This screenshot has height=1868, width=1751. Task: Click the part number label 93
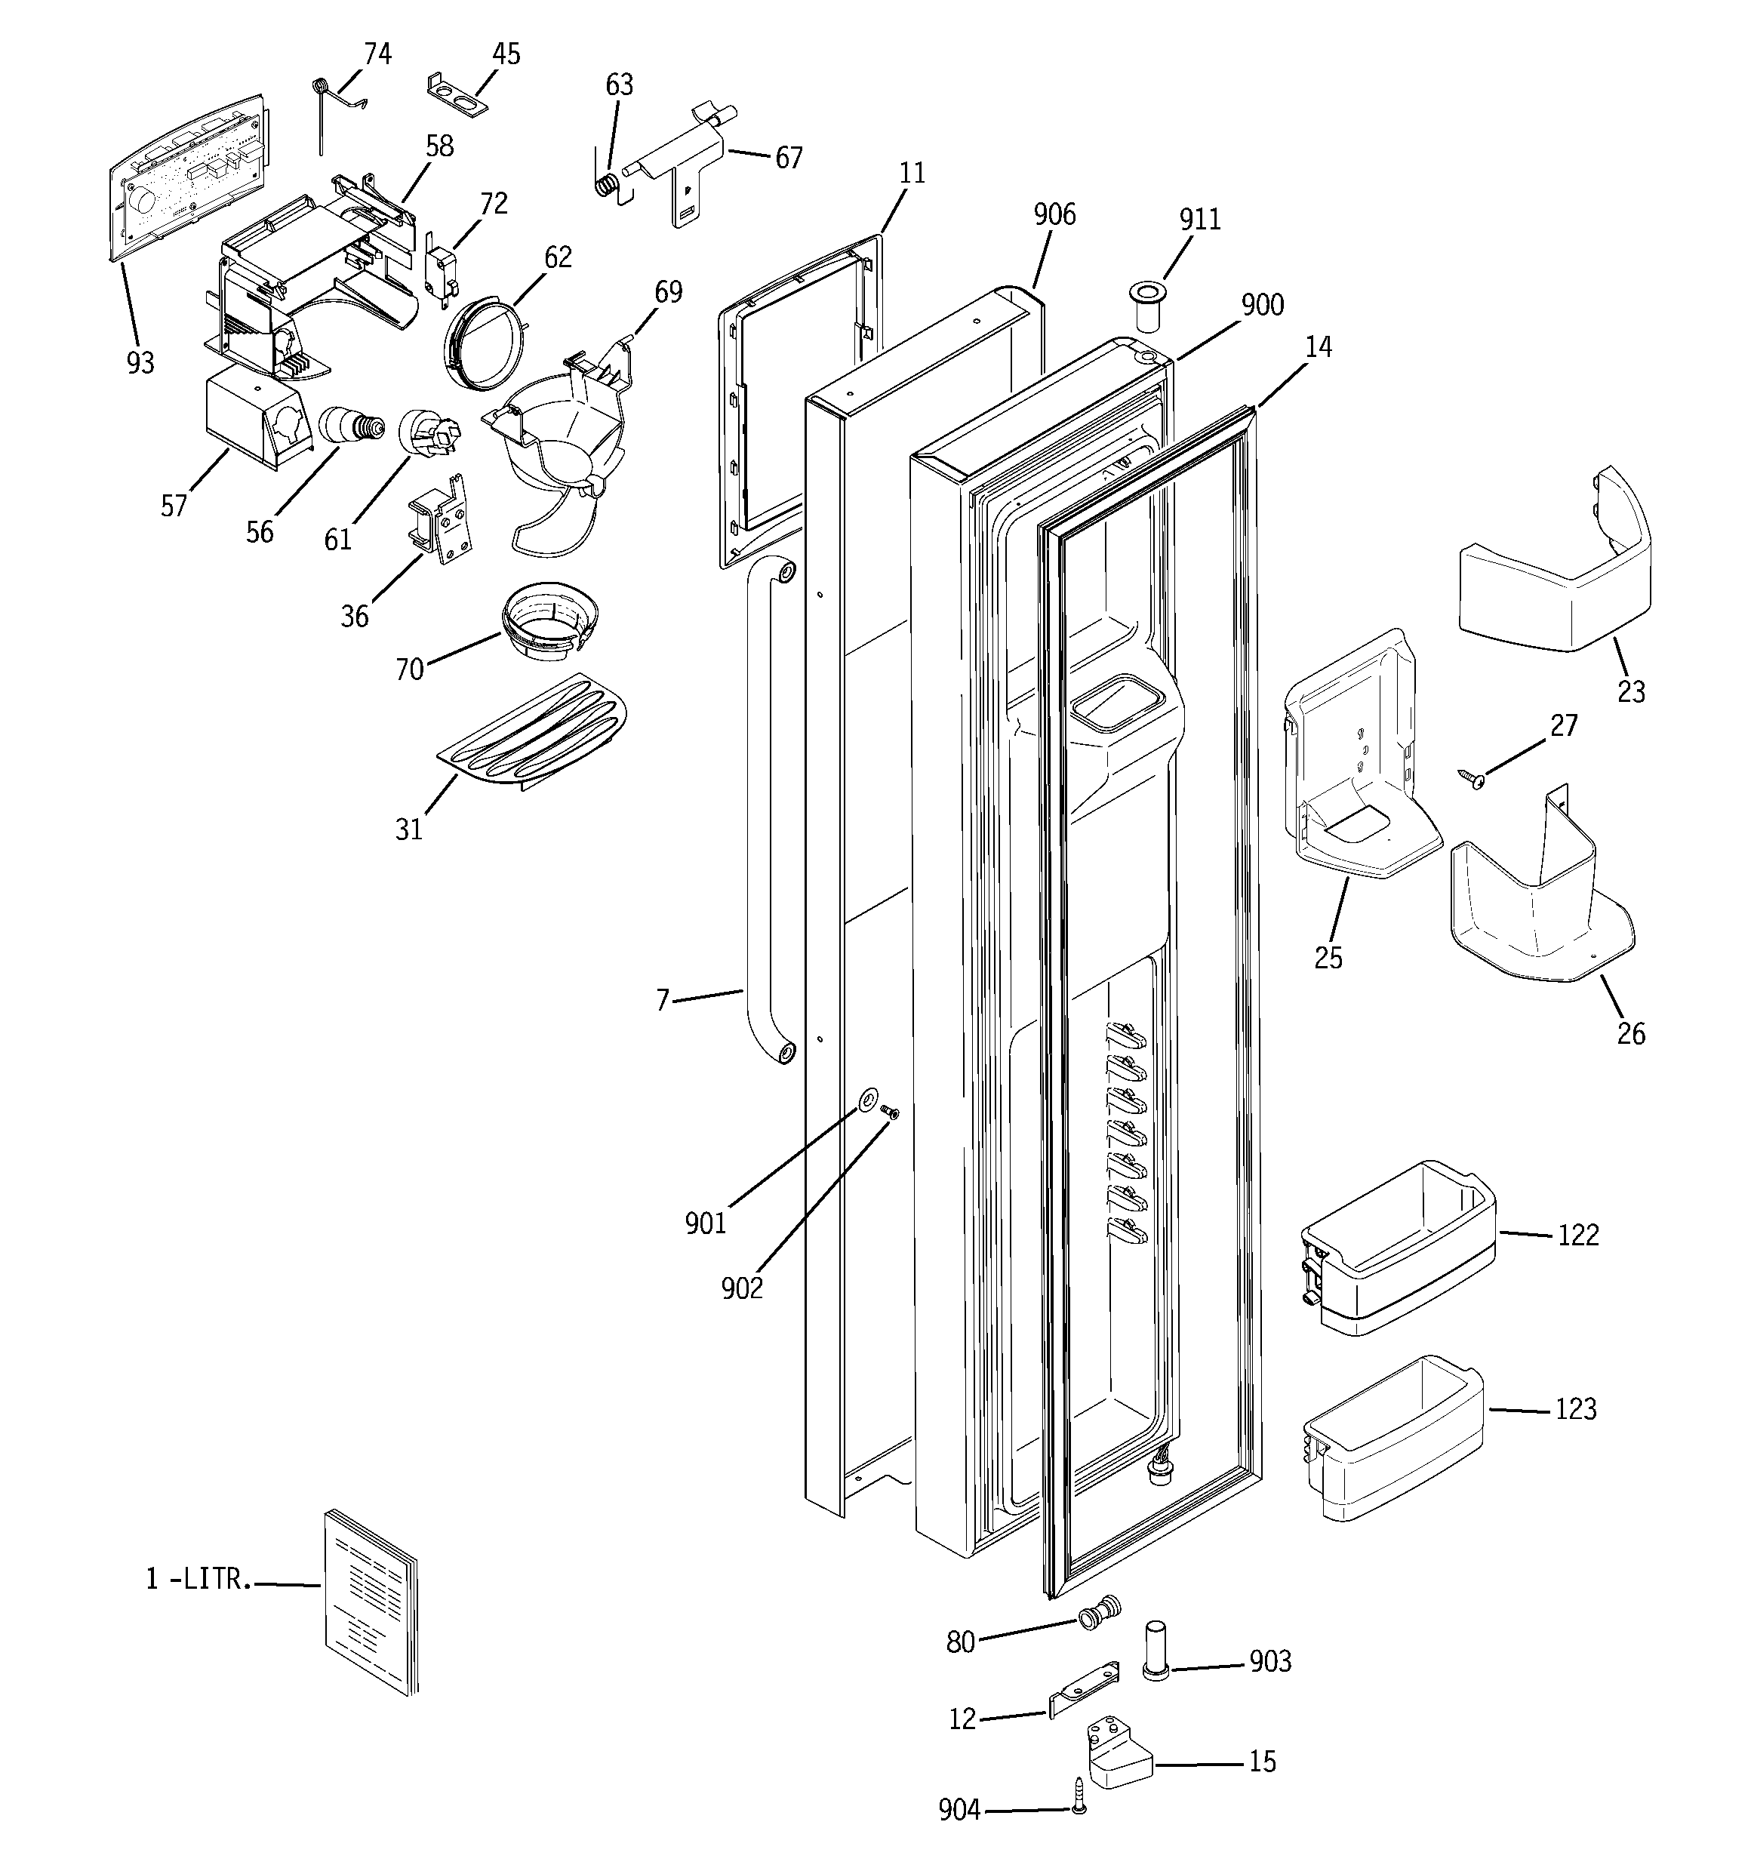tap(140, 363)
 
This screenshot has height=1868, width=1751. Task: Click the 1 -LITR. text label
tap(198, 1579)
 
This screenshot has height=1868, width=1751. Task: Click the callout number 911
tap(1199, 219)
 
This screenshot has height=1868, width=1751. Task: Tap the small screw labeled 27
tap(1472, 778)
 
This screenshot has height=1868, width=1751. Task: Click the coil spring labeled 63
tap(609, 183)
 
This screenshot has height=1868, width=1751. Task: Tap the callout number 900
tap(1261, 306)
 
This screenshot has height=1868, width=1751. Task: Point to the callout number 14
tap(1319, 348)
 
